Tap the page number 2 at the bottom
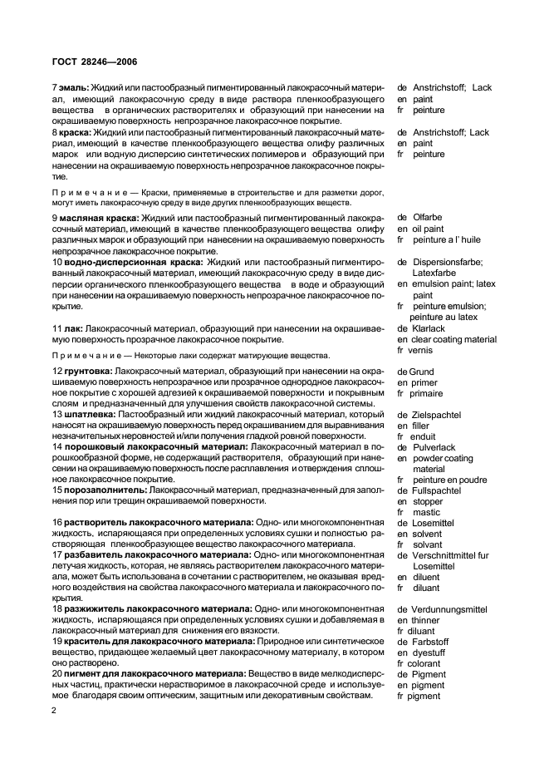click(54, 710)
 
